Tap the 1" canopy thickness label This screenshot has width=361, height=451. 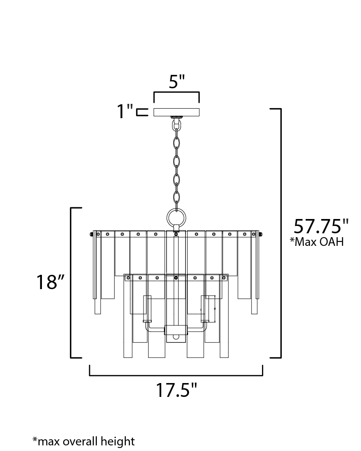(125, 111)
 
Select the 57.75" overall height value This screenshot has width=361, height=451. (321, 226)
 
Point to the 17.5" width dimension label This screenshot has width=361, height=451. (176, 390)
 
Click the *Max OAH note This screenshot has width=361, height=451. (317, 242)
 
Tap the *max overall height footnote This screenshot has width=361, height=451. (83, 441)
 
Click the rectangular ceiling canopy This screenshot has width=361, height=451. (177, 112)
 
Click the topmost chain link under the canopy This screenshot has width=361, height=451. (176, 124)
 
